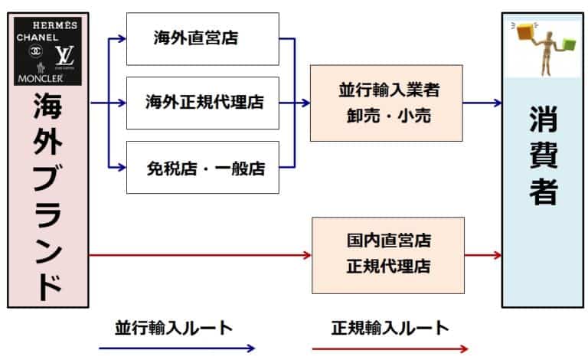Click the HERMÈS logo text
(47, 25)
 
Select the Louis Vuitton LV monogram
(64, 55)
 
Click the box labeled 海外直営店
(202, 38)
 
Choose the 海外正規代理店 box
(202, 102)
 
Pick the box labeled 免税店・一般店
(202, 168)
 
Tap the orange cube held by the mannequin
(525, 31)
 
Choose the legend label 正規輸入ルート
(390, 328)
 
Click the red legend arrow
(390, 349)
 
